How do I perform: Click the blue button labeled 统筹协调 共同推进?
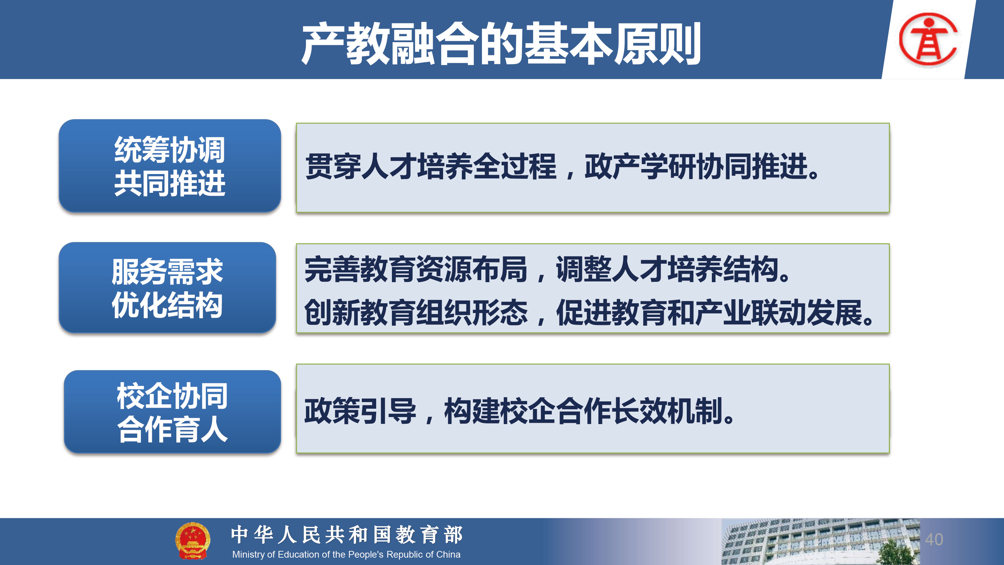pyautogui.click(x=170, y=166)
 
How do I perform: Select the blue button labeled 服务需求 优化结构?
pyautogui.click(x=168, y=288)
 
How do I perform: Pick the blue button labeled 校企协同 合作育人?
pyautogui.click(x=172, y=411)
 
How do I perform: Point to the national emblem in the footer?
pyautogui.click(x=192, y=541)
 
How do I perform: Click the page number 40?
pyautogui.click(x=934, y=540)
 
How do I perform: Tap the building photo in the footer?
pyautogui.click(x=820, y=542)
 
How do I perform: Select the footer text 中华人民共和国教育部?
pyautogui.click(x=346, y=535)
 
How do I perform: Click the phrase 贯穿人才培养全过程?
pyautogui.click(x=431, y=166)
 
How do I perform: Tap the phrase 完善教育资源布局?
pyautogui.click(x=416, y=269)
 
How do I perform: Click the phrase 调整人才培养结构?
pyautogui.click(x=667, y=269)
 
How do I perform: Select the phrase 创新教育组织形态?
pyautogui.click(x=416, y=312)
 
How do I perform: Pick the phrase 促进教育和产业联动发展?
pyautogui.click(x=709, y=312)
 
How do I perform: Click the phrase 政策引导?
pyautogui.click(x=360, y=411)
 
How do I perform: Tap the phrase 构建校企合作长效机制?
pyautogui.click(x=583, y=411)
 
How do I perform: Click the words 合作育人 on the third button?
pyautogui.click(x=172, y=429)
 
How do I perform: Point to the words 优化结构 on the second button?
pyautogui.click(x=167, y=305)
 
